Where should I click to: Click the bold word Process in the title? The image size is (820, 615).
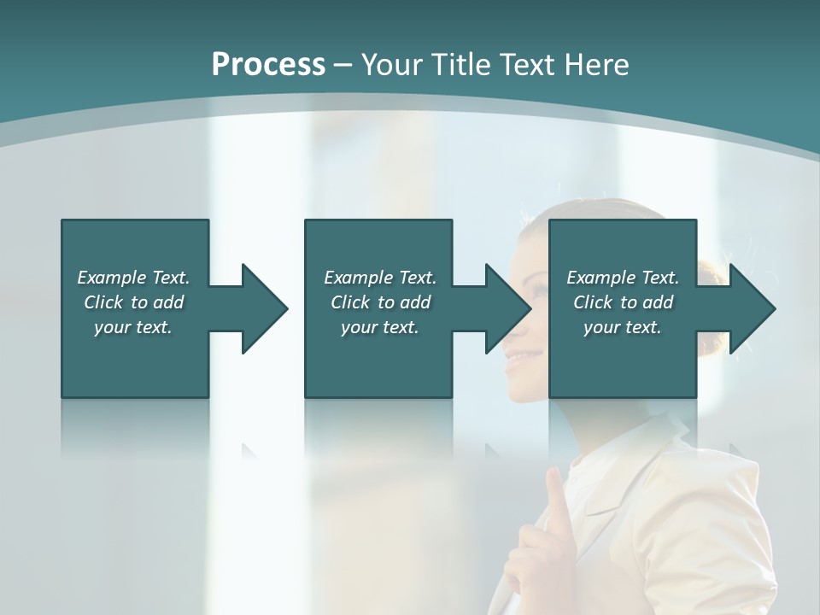pos(268,65)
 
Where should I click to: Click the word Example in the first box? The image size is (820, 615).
pos(112,278)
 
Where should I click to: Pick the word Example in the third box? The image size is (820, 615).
pos(601,278)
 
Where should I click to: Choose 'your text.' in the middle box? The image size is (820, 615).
pos(379,327)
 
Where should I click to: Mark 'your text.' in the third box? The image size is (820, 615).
pos(622,327)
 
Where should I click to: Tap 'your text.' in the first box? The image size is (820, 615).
pos(132,327)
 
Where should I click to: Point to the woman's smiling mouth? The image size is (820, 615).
pos(516,362)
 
